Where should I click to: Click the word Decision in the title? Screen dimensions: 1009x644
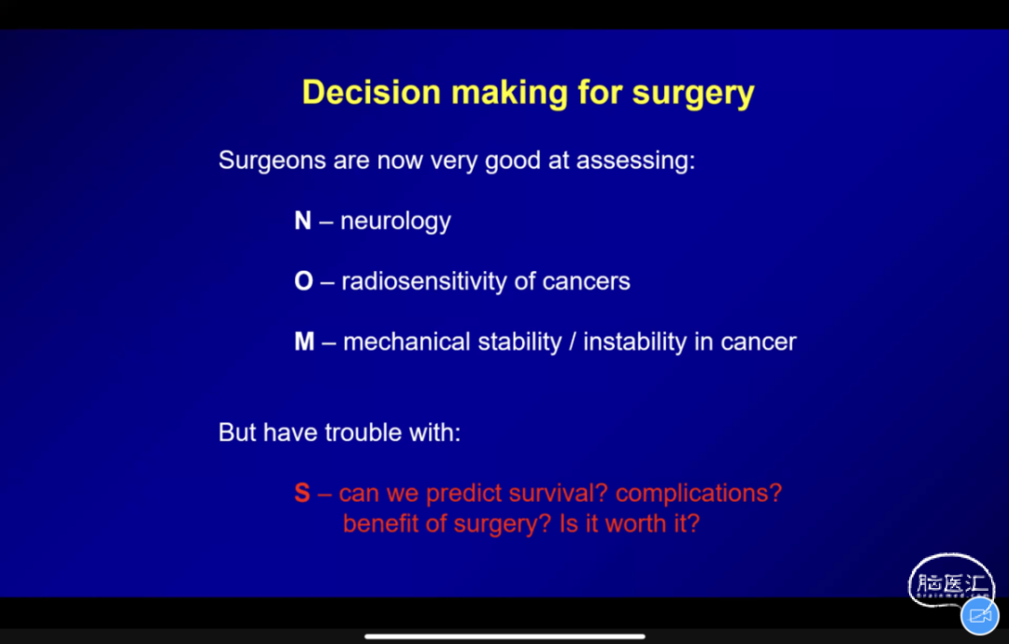[x=371, y=93]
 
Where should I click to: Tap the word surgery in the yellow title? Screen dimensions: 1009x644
[x=693, y=94]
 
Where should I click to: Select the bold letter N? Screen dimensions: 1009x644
[x=303, y=221]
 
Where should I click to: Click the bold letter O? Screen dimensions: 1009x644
[x=304, y=281]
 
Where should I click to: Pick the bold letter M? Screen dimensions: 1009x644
[x=305, y=342]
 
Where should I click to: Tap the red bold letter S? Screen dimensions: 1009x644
[x=303, y=494]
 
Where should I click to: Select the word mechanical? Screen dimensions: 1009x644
[x=406, y=342]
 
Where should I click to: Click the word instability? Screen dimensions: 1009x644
[x=634, y=342]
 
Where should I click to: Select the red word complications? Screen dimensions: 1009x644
[x=699, y=494]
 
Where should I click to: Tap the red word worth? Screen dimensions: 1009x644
[x=636, y=524]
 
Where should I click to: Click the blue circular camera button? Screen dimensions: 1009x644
[x=980, y=616]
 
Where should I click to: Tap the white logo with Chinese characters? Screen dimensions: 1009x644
[x=950, y=581]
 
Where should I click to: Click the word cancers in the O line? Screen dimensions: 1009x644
[x=586, y=282]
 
